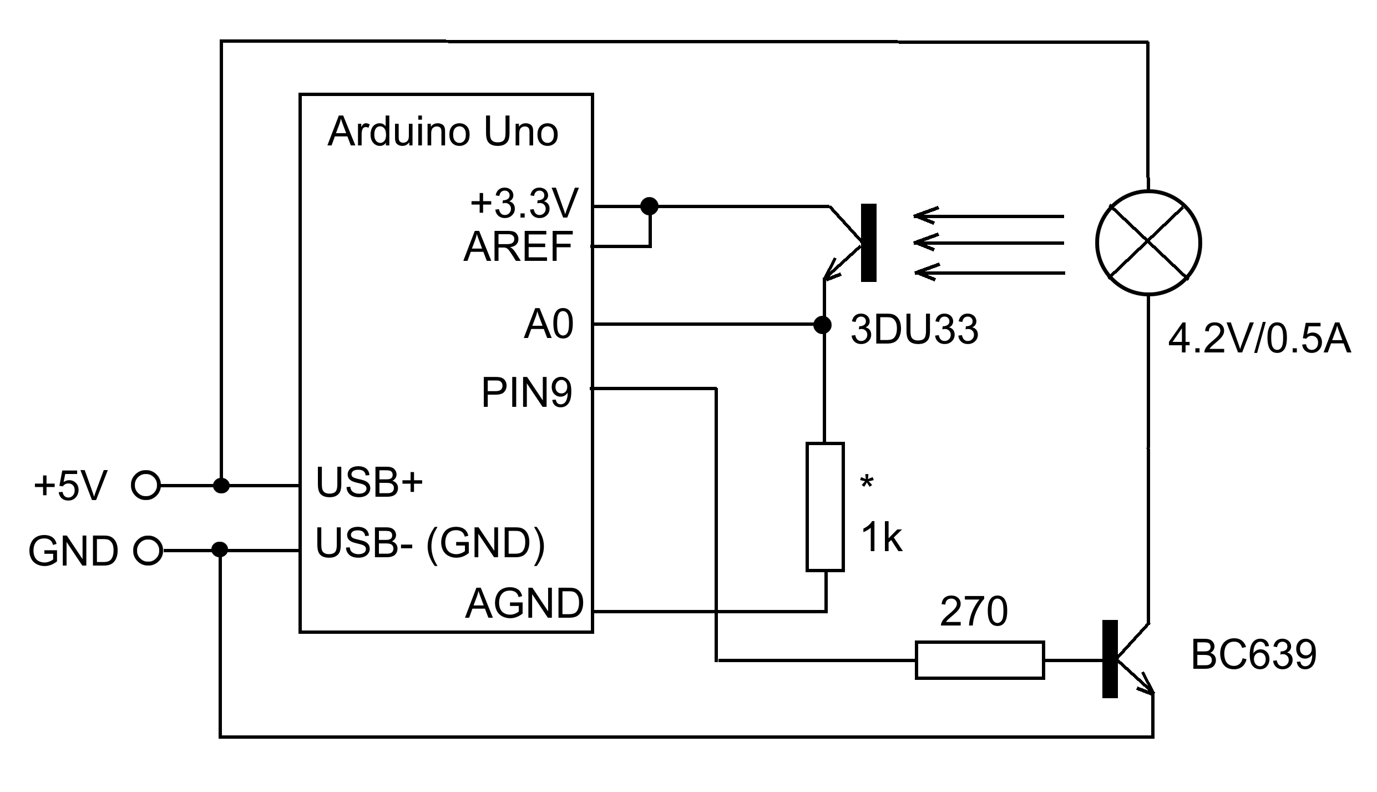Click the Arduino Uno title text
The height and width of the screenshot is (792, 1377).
(443, 133)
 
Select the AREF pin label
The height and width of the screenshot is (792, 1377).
(518, 247)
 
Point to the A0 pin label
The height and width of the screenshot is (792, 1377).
(548, 325)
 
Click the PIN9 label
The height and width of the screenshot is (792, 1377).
(526, 393)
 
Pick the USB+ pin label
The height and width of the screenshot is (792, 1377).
(369, 482)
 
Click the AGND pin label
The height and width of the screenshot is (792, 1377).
(524, 604)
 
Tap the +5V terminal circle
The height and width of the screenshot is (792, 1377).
(145, 486)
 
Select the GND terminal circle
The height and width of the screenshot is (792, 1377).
(148, 551)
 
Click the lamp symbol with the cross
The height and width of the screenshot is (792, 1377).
(1148, 243)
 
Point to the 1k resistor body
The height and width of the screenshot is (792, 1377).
(825, 507)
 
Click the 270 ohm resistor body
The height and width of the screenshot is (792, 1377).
(979, 660)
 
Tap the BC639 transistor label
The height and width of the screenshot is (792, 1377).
(1253, 655)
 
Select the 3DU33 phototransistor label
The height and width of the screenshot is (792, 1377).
(914, 330)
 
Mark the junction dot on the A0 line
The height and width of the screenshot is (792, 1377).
(822, 325)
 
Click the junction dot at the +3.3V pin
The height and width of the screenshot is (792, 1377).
(649, 206)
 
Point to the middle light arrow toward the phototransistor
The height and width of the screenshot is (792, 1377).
(988, 243)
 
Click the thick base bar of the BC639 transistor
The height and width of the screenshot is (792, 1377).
(1110, 659)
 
